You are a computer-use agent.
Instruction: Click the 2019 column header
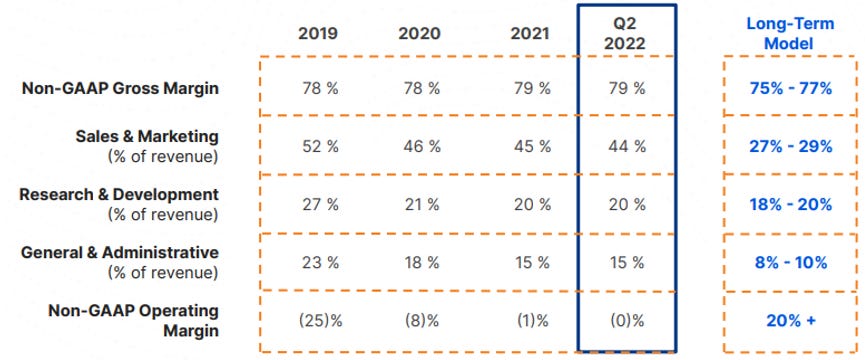pos(318,34)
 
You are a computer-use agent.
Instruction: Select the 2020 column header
pos(419,34)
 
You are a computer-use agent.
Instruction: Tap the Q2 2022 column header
pos(624,34)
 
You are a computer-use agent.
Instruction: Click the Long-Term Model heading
pos(790,34)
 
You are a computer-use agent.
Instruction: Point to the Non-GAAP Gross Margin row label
pos(120,88)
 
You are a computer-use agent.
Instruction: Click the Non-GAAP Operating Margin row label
pos(134,320)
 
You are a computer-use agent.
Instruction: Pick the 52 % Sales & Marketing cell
pos(320,146)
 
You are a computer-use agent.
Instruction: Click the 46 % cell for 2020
pos(422,146)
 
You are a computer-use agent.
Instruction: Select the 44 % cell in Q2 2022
pos(627,146)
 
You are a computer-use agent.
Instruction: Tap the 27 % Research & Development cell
pos(320,205)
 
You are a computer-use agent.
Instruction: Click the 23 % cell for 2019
pos(320,263)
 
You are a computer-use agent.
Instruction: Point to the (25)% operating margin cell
pos(320,321)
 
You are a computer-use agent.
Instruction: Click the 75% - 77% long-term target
pos(791,88)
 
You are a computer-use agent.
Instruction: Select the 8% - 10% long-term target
pos(791,263)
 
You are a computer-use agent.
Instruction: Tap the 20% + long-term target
pos(791,321)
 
